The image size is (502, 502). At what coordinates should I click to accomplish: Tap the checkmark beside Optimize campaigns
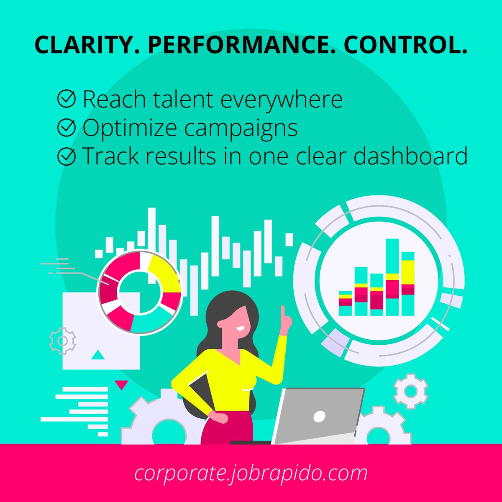[66, 128]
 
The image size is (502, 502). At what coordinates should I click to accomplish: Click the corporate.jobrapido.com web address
[251, 473]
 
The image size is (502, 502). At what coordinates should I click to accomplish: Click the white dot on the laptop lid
[319, 416]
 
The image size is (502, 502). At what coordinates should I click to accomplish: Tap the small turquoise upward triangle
[97, 355]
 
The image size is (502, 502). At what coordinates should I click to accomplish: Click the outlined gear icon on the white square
[63, 341]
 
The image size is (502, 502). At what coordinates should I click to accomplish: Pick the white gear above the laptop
[410, 391]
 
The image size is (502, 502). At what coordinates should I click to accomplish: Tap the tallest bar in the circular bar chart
[392, 277]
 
